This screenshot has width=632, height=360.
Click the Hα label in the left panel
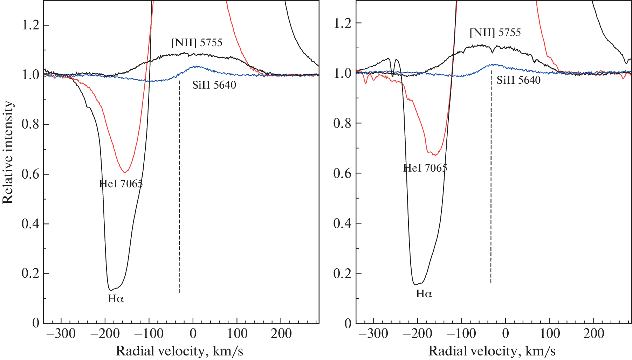[x=116, y=299]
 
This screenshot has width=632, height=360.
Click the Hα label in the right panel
[x=424, y=293]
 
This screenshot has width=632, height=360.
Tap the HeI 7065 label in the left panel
[x=121, y=184]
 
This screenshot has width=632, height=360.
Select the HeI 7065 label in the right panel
[x=425, y=168]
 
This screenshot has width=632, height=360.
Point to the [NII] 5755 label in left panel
[x=197, y=43]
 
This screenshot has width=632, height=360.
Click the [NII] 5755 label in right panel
[x=495, y=33]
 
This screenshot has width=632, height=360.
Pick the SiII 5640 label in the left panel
[x=214, y=85]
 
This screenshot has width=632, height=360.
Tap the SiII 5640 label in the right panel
[x=518, y=80]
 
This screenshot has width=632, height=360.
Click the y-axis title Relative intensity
[x=8, y=152]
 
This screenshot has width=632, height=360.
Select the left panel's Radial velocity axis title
[x=179, y=351]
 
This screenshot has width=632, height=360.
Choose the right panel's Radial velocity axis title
[x=492, y=351]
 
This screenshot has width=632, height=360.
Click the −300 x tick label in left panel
[x=61, y=334]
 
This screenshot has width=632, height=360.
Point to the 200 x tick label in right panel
[x=593, y=334]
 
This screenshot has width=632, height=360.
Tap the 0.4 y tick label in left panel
[x=30, y=224]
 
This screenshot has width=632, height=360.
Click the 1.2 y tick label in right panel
[x=342, y=23]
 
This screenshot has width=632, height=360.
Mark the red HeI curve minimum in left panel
[x=125, y=172]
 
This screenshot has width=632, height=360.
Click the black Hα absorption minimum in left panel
[x=111, y=290]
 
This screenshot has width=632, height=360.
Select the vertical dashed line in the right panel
[x=491, y=175]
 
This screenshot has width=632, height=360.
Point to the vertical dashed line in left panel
[x=179, y=186]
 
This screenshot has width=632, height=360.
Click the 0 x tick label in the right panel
[x=505, y=334]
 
